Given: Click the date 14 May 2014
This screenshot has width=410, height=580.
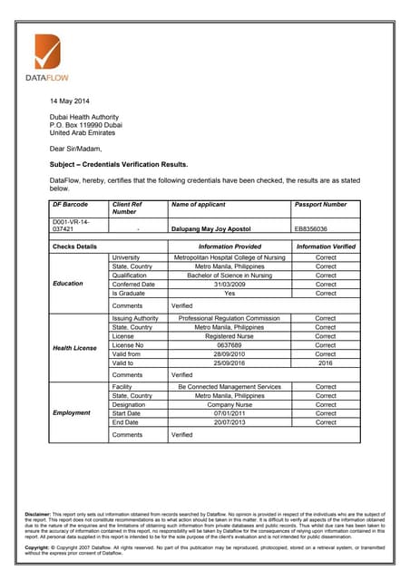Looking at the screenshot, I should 69,101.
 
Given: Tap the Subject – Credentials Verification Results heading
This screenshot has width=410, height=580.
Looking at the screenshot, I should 118,165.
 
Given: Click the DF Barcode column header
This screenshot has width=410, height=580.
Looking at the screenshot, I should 70,205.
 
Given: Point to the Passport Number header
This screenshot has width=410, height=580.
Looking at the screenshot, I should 320,205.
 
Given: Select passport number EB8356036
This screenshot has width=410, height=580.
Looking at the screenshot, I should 311,229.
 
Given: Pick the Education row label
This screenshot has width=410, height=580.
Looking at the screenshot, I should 68,284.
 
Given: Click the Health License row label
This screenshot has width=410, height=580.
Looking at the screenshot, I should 74,348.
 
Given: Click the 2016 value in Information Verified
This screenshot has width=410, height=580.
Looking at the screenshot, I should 326,363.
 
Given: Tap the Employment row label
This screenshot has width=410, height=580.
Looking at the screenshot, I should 72,412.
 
